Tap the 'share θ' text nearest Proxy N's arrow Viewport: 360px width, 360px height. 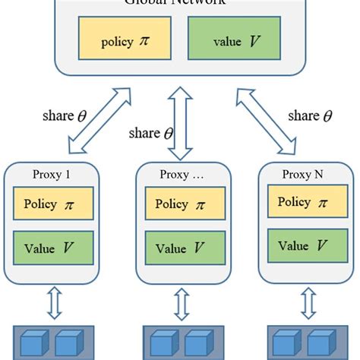(312, 115)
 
